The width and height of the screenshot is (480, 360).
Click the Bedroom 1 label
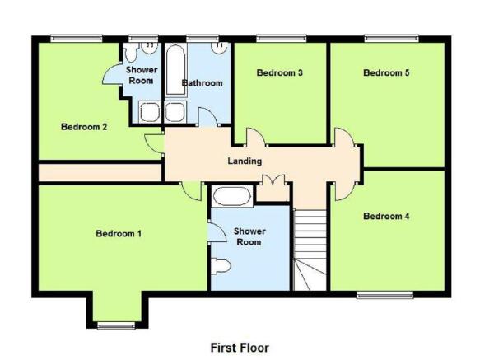pyautogui.click(x=119, y=234)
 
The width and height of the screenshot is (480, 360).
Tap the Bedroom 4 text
pyautogui.click(x=386, y=217)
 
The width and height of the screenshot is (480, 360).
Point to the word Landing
pyautogui.click(x=245, y=161)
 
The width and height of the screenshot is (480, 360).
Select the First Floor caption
pyautogui.click(x=240, y=348)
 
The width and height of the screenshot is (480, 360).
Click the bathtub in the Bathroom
pyautogui.click(x=175, y=70)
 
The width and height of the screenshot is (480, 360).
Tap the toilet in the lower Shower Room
pyautogui.click(x=221, y=266)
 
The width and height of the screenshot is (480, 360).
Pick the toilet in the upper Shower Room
pyautogui.click(x=132, y=52)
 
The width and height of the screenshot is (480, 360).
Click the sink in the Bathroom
pyautogui.click(x=219, y=48)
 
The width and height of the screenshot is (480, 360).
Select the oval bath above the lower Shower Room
pyautogui.click(x=231, y=196)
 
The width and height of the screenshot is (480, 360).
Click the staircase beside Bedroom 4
pyautogui.click(x=310, y=250)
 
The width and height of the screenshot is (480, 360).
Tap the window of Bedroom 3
pyautogui.click(x=282, y=38)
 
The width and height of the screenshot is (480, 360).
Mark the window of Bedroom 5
pyautogui.click(x=392, y=38)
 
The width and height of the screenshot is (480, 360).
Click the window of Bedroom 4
pyautogui.click(x=384, y=295)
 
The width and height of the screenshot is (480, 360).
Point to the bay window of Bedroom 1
pyautogui.click(x=116, y=325)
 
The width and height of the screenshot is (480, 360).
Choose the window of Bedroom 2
pyautogui.click(x=77, y=38)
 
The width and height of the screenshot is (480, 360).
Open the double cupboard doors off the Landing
pyautogui.click(x=273, y=180)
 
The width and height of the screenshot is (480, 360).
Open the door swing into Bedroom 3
pyautogui.click(x=255, y=137)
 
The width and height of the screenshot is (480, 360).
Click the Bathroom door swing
pyautogui.click(x=208, y=116)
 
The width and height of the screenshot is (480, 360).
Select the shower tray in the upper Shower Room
pyautogui.click(x=150, y=112)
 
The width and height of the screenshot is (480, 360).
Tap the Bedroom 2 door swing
pyautogui.click(x=154, y=143)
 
